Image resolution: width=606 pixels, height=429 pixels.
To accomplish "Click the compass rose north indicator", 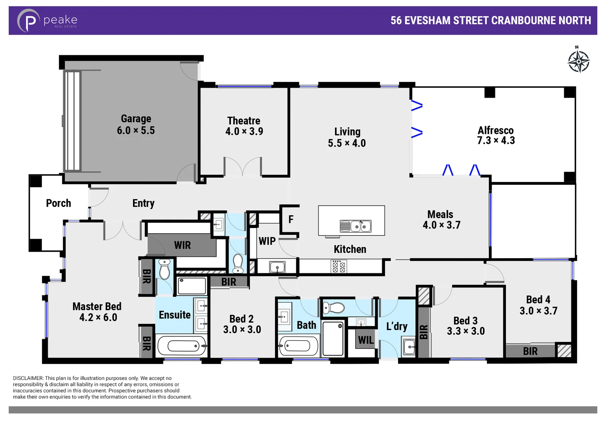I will click(578, 60).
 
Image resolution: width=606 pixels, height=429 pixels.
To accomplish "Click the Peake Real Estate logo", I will click(47, 20).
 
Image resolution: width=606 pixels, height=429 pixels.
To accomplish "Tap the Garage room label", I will click(136, 119).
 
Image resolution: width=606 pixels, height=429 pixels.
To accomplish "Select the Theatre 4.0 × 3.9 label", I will click(244, 126).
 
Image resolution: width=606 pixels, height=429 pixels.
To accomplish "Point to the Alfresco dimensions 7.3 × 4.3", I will click(496, 141).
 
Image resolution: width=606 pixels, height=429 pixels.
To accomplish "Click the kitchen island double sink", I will click(356, 226).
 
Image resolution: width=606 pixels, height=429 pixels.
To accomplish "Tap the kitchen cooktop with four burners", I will click(339, 267).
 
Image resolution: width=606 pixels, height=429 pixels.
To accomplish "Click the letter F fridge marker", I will click(291, 219).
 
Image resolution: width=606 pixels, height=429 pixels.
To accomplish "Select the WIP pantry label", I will click(267, 241).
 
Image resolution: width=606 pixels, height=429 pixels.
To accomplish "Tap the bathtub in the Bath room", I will click(298, 346).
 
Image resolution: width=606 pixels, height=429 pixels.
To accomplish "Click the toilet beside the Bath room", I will click(333, 307).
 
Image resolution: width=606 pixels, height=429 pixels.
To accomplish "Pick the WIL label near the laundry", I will click(366, 340).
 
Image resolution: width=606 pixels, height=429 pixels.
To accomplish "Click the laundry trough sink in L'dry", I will click(409, 347).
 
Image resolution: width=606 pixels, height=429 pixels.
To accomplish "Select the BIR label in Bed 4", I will click(530, 351).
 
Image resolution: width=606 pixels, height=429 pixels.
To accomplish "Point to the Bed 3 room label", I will click(466, 321).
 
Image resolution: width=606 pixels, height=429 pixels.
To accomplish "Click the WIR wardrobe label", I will click(182, 245).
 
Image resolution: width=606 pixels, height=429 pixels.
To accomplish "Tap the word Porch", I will click(58, 203).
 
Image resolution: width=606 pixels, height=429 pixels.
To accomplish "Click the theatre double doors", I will click(242, 167).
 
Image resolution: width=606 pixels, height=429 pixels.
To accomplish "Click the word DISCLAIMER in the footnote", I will click(28, 378).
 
